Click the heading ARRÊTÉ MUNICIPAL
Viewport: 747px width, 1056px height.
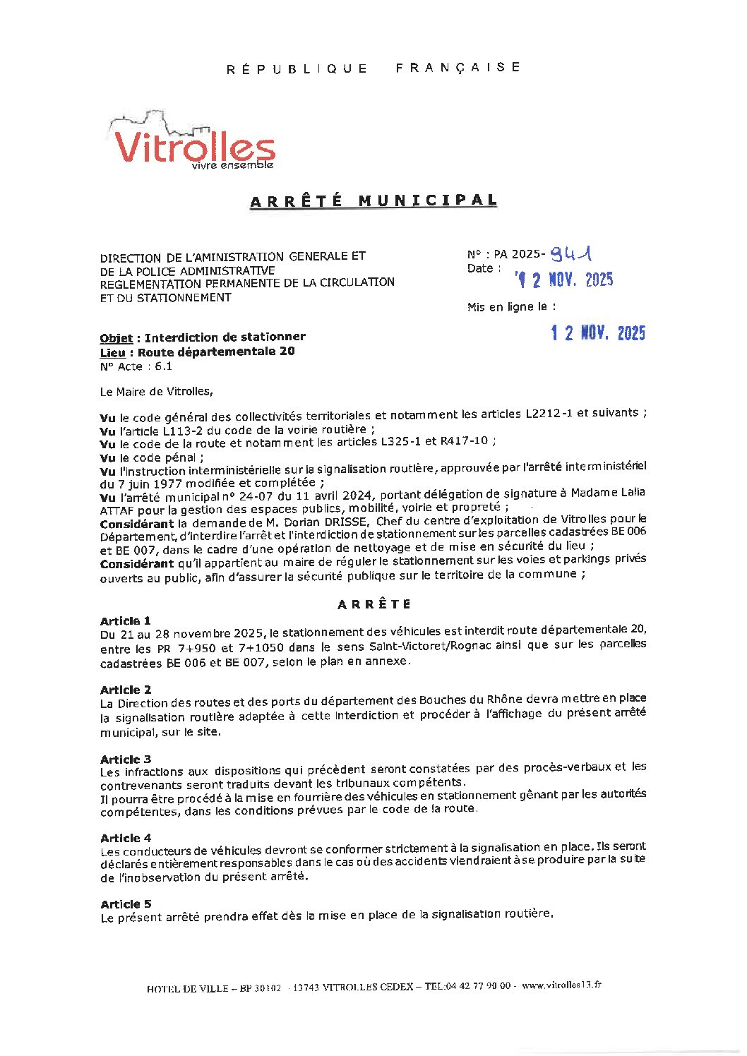[x=373, y=200]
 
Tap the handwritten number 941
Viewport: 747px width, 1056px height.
[x=573, y=253]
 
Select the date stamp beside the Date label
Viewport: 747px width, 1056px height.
[x=565, y=280]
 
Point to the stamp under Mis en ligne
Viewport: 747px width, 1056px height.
[x=598, y=333]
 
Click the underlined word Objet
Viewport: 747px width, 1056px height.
[x=116, y=338]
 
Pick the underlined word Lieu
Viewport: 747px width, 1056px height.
[x=112, y=352]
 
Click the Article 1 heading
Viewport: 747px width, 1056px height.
[x=125, y=621]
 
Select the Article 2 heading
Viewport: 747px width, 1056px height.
[x=126, y=690]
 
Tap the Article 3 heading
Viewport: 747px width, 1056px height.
[x=126, y=760]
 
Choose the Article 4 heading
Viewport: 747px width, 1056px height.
[x=126, y=838]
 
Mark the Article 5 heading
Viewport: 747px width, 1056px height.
[x=126, y=904]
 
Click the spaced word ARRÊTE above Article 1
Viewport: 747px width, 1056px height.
[x=374, y=604]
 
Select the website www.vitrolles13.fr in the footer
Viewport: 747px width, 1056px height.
[x=561, y=985]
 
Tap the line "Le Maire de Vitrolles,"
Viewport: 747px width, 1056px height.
[x=156, y=391]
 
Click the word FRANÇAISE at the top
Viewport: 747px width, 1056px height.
[x=458, y=67]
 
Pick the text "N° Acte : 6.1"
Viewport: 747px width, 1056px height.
[x=136, y=366]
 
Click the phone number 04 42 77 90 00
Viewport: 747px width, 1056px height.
[x=478, y=986]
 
